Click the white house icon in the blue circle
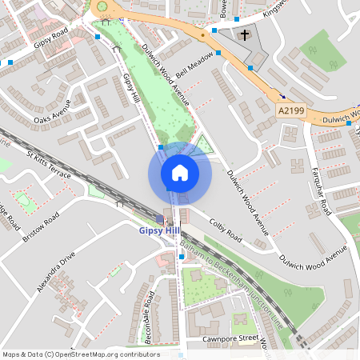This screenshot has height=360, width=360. pos(179,173)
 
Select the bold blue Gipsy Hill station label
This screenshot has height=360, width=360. pos(159,230)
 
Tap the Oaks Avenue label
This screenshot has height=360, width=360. pos(53,111)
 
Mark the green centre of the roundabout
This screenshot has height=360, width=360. pos(102,7)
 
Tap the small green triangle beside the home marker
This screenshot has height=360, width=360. pos(206,145)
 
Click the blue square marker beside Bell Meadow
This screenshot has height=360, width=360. pos(214,31)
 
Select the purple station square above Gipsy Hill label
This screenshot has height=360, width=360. pos(167,220)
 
